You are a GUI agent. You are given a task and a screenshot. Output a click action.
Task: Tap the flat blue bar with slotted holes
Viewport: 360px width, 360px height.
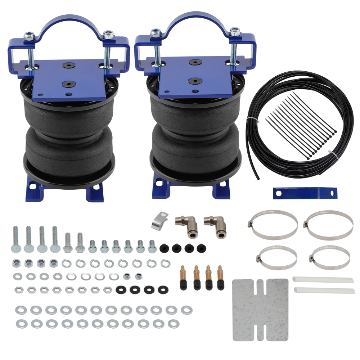click(x=305, y=193)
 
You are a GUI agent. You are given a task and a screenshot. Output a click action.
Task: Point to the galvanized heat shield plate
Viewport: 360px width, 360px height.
click(x=260, y=310)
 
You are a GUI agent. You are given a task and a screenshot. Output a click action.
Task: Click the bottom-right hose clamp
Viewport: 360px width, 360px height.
click(x=329, y=257)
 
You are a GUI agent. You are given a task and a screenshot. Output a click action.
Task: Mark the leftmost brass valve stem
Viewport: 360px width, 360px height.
click(x=183, y=277)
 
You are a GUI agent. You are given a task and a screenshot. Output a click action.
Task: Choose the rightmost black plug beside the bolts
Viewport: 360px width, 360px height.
click(x=201, y=248)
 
